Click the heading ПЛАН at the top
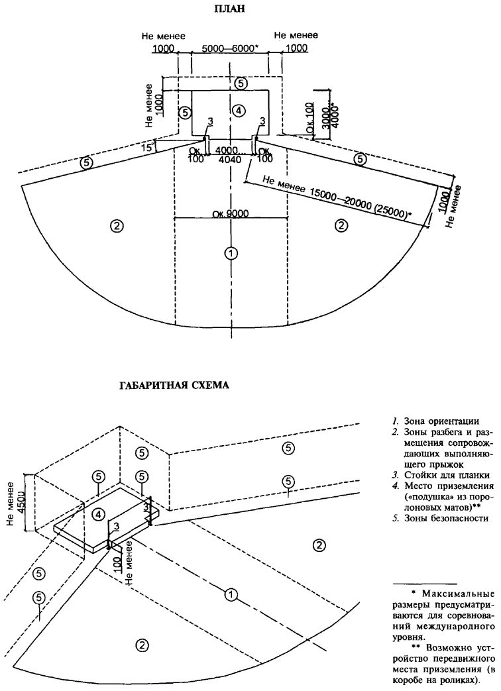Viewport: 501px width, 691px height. (x=233, y=9)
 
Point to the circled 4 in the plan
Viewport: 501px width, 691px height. (x=239, y=109)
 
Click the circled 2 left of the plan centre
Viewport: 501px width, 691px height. (x=116, y=226)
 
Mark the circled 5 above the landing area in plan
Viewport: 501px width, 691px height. (x=241, y=83)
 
